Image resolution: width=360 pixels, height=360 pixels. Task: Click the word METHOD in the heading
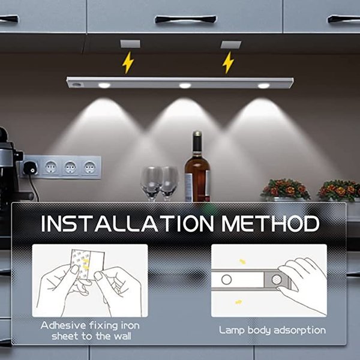(x=270, y=224)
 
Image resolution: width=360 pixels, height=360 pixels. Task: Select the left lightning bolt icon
(x=128, y=62)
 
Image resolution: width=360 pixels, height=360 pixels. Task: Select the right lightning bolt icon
(x=228, y=62)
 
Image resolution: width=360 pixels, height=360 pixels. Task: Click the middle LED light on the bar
(x=185, y=85)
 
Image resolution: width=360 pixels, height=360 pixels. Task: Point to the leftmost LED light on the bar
(x=104, y=85)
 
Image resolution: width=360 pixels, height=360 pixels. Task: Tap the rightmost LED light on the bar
(x=263, y=85)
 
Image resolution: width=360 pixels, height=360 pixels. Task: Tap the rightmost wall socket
(x=89, y=166)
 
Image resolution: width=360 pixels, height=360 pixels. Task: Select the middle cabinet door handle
(x=185, y=19)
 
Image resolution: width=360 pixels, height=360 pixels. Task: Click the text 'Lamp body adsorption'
(x=272, y=330)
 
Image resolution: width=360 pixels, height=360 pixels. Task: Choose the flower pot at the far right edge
(x=339, y=191)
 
